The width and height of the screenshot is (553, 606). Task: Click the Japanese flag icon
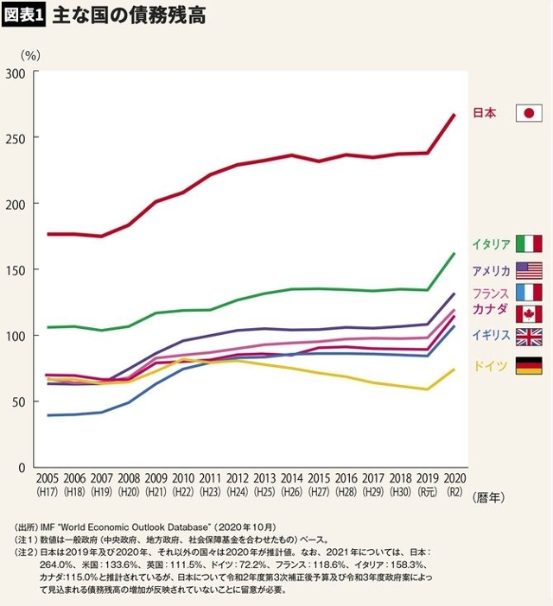tap(529, 113)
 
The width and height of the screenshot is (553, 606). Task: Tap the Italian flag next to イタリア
tap(529, 243)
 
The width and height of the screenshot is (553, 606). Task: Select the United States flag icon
tap(529, 270)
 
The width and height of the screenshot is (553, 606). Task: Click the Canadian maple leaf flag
tap(529, 314)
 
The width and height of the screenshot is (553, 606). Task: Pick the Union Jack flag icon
tap(529, 337)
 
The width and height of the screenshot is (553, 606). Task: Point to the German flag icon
tap(529, 366)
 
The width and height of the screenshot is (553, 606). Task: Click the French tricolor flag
tap(529, 293)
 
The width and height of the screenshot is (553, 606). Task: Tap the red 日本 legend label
tap(485, 113)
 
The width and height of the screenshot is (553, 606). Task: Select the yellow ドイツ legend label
tap(490, 366)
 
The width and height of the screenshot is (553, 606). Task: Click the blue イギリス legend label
tap(491, 336)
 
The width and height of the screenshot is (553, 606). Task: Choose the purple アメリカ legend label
tap(491, 270)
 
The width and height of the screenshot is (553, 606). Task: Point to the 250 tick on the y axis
tap(16, 138)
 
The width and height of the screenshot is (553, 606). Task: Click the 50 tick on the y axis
tap(18, 402)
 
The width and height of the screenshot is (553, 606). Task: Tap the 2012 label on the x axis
tap(237, 478)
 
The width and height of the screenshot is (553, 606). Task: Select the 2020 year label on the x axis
tap(454, 478)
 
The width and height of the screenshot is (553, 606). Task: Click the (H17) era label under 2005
tap(47, 492)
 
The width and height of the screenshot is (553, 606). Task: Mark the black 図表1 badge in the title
tap(23, 16)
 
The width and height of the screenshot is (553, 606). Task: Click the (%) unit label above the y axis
tap(30, 55)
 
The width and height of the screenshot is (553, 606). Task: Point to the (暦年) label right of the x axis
tap(488, 498)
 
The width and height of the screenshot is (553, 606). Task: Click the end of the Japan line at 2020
tap(454, 115)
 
